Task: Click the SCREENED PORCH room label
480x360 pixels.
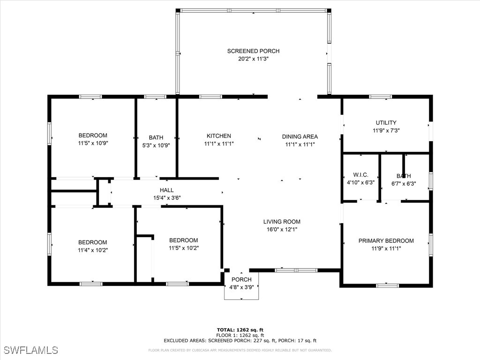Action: [x=253, y=51]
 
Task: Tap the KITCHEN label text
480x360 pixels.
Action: [x=218, y=136]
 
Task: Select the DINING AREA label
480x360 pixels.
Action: [x=300, y=137]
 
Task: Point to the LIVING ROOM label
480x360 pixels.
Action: [x=281, y=222]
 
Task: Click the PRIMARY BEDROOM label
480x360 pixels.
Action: [x=386, y=241]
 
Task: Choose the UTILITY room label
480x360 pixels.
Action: [x=386, y=123]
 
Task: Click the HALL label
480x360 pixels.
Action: [x=166, y=190]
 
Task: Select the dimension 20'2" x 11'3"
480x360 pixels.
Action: [x=253, y=59]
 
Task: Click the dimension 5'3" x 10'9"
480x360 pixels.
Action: [x=156, y=145]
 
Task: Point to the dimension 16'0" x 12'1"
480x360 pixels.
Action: [x=281, y=230]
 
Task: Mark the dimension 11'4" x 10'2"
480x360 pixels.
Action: [x=92, y=250]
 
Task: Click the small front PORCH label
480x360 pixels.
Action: [x=241, y=279]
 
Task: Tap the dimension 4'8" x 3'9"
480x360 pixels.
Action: [x=241, y=287]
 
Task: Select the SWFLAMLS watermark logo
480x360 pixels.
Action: [x=31, y=350]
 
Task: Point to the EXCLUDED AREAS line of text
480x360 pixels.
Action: [x=240, y=341]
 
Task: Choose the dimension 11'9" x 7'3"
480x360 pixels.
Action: [x=386, y=131]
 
